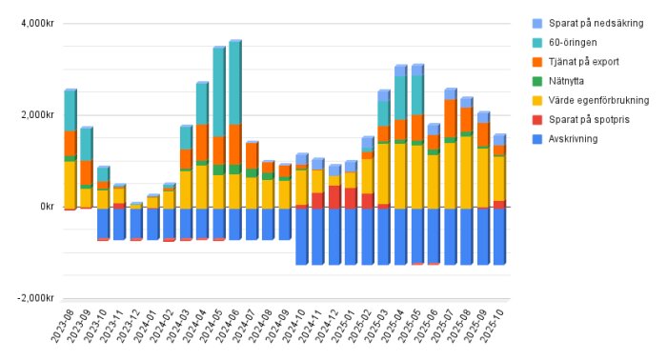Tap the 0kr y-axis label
point(43,207)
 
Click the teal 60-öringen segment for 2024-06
point(234,83)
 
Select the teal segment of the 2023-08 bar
point(70,110)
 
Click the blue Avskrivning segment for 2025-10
point(499,235)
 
